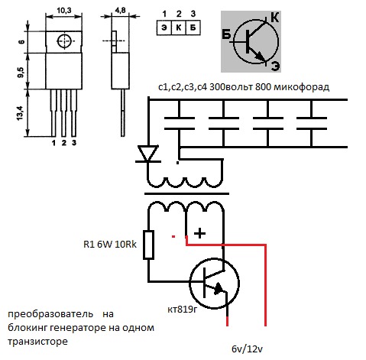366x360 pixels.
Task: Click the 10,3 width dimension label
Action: tap(64, 11)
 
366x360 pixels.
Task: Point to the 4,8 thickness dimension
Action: tap(120, 10)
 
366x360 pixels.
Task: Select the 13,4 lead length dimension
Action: tap(21, 113)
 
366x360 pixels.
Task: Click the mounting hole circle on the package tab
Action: tap(64, 41)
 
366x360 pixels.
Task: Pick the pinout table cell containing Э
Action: tap(164, 28)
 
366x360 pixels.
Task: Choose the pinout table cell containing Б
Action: tap(193, 28)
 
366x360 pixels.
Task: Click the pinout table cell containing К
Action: tap(179, 28)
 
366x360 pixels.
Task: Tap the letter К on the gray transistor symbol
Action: tap(274, 18)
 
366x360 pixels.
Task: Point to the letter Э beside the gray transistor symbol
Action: tap(275, 66)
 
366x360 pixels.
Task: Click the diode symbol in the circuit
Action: tap(147, 154)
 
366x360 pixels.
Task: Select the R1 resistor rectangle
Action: tap(148, 245)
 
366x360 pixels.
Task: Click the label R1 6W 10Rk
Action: tap(110, 245)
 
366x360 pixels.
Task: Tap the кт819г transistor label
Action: tap(182, 310)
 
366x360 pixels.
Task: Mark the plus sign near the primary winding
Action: tap(199, 233)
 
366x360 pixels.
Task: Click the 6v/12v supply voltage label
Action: tap(247, 349)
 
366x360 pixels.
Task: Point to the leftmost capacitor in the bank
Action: tap(180, 123)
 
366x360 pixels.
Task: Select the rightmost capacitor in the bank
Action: tap(312, 123)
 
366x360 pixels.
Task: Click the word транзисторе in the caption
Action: tap(37, 341)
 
